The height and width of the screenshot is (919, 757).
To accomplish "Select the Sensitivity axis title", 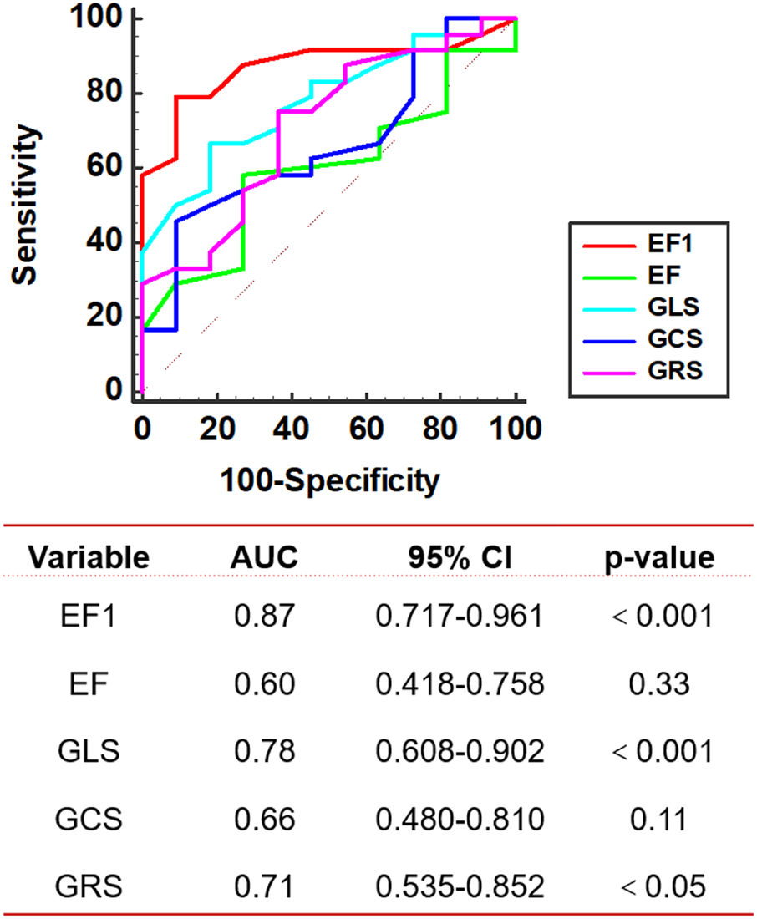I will (x=30, y=206).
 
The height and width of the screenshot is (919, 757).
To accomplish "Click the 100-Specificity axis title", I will (x=328, y=480).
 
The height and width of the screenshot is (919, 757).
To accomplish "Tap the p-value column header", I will (x=661, y=557).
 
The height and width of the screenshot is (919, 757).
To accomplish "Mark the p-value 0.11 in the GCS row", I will (x=661, y=818).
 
